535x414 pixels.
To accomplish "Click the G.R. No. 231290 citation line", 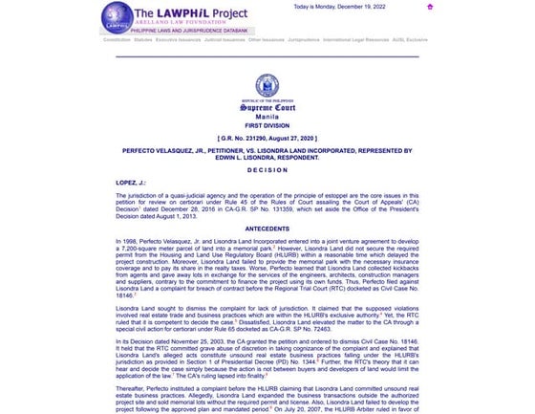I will tap(267, 139).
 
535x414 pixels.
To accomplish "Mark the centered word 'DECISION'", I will tap(267, 169).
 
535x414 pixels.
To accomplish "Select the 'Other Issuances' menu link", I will tap(267, 41).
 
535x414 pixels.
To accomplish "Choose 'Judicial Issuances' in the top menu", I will tap(225, 41).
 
